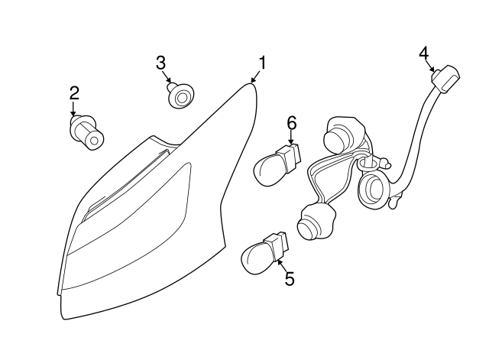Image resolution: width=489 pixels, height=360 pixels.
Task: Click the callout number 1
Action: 262,63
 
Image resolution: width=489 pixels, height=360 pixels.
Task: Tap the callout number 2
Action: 74,93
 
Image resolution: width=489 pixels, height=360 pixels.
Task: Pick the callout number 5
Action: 289,279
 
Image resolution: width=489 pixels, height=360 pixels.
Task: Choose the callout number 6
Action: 291,122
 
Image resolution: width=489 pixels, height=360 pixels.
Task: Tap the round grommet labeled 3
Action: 180,97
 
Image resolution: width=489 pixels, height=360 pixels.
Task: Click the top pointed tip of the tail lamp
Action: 251,85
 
